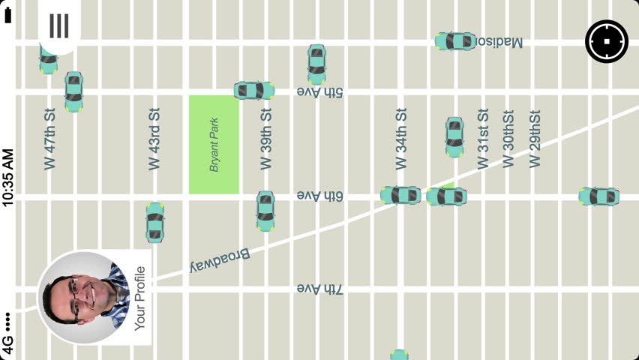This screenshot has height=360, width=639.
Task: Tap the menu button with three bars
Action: pyautogui.click(x=58, y=26)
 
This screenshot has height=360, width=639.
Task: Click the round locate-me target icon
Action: pyautogui.click(x=606, y=41)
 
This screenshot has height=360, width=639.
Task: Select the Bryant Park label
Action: pyautogui.click(x=214, y=145)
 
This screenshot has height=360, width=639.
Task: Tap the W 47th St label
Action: pyautogui.click(x=50, y=139)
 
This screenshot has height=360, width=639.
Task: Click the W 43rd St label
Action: pyautogui.click(x=154, y=139)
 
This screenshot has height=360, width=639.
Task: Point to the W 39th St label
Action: pyautogui.click(x=265, y=139)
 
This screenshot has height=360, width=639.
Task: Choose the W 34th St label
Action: pyautogui.click(x=401, y=139)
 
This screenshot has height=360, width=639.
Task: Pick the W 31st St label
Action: pyautogui.click(x=483, y=139)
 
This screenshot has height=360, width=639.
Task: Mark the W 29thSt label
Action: pyautogui.click(x=535, y=139)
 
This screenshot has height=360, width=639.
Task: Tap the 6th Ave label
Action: pyautogui.click(x=319, y=196)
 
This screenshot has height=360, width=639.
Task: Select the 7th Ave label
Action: pyautogui.click(x=319, y=289)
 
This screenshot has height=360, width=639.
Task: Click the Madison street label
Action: pyautogui.click(x=499, y=42)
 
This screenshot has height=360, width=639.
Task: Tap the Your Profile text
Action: pyautogui.click(x=140, y=298)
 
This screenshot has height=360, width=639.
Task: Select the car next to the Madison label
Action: pyautogui.click(x=455, y=41)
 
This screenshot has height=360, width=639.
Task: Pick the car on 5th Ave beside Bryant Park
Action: pyautogui.click(x=254, y=91)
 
